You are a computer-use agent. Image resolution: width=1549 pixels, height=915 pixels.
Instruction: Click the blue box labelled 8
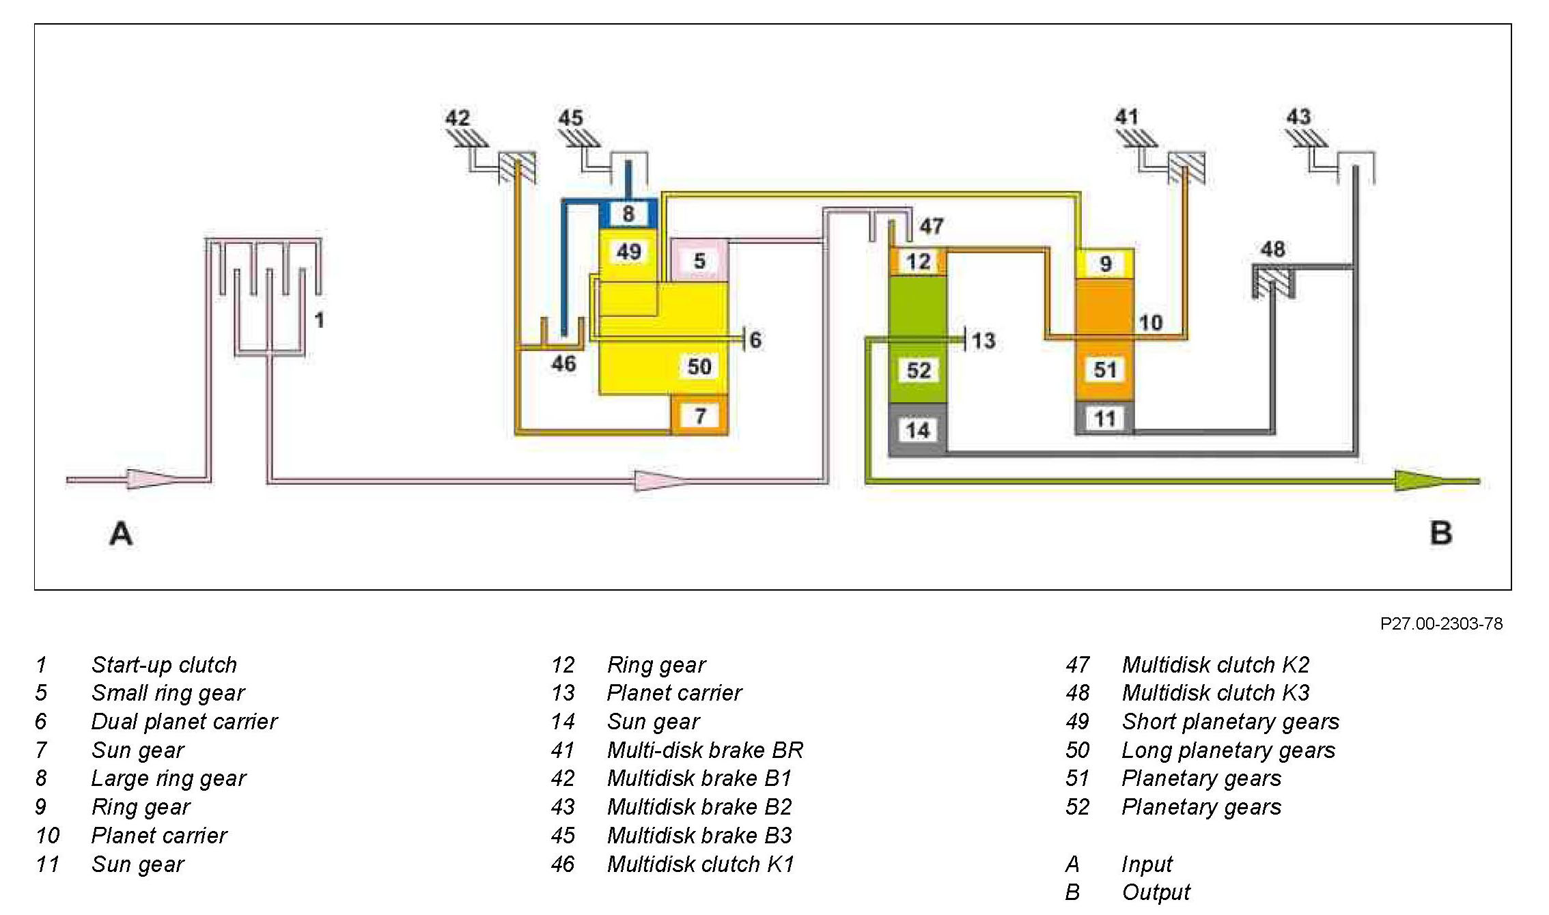tap(628, 214)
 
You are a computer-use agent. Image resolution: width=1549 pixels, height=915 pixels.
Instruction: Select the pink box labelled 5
tap(699, 260)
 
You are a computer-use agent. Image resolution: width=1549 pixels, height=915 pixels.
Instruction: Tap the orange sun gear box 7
tap(700, 415)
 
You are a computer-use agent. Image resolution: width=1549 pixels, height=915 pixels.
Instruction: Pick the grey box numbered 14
tap(917, 430)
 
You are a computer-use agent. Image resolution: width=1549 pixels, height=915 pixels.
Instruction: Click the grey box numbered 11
tap(1104, 418)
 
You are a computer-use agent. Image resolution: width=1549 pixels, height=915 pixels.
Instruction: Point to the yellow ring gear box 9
tap(1105, 264)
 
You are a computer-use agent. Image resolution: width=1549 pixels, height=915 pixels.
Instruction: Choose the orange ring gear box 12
tap(918, 262)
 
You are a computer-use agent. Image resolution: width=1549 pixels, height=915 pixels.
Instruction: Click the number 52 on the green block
tap(919, 370)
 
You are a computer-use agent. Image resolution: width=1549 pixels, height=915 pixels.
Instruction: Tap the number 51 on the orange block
tap(1105, 369)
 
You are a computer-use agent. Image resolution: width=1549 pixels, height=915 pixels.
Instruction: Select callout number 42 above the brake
tap(458, 118)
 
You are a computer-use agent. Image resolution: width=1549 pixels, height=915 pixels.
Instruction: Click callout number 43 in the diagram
tap(1298, 117)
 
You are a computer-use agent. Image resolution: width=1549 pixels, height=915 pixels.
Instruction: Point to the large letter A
tap(121, 533)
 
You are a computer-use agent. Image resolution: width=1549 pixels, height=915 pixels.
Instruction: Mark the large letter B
tap(1441, 533)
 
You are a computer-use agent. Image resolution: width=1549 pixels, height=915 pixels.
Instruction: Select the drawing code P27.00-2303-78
tap(1441, 624)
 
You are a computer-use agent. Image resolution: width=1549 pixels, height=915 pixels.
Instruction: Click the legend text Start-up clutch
tap(164, 664)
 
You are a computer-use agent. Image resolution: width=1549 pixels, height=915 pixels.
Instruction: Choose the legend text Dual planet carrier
tap(184, 721)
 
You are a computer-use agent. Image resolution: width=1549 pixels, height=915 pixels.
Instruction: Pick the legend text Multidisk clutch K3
tap(1216, 692)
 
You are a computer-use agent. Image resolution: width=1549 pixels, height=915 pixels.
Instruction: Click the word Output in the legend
tap(1156, 892)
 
